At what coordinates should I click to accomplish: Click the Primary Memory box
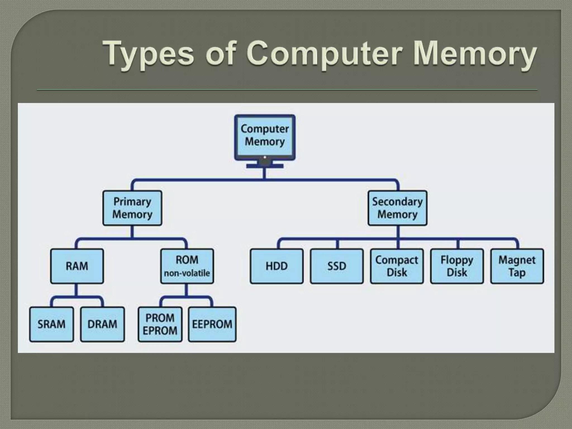click(x=132, y=208)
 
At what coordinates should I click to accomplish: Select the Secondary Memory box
click(x=397, y=208)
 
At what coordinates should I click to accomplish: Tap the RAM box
click(x=77, y=266)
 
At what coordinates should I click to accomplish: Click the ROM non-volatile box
click(x=187, y=266)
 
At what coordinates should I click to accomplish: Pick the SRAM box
click(x=51, y=324)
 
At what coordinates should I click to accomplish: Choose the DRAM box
click(x=103, y=324)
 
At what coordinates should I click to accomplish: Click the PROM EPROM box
click(x=160, y=324)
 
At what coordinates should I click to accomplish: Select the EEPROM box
click(x=212, y=324)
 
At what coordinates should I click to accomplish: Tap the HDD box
click(x=277, y=266)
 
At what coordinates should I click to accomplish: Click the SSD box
click(x=337, y=266)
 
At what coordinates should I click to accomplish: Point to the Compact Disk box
click(x=397, y=266)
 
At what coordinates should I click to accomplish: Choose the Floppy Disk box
click(x=457, y=266)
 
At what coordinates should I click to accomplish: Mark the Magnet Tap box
click(x=517, y=266)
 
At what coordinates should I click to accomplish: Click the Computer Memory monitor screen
click(x=265, y=135)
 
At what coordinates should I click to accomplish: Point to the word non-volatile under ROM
click(x=187, y=273)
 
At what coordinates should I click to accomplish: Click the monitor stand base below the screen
click(x=265, y=166)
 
